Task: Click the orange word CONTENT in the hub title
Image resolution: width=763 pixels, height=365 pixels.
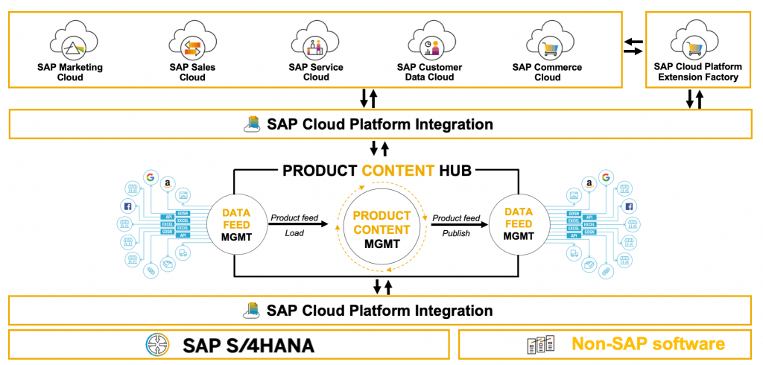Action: (x=398, y=171)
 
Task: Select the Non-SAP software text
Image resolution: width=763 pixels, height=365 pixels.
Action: (x=648, y=344)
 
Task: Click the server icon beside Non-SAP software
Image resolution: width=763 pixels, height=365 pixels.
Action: (x=540, y=345)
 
